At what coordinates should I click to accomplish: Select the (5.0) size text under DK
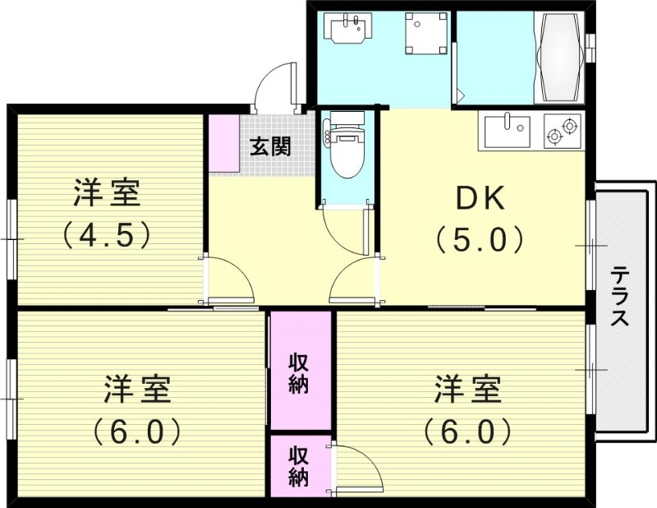[480, 239]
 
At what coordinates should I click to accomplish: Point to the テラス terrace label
[619, 296]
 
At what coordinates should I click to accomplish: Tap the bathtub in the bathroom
[560, 57]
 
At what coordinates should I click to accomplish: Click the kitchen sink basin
[507, 132]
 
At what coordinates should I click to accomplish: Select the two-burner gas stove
[563, 130]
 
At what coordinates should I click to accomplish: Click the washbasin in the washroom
[348, 28]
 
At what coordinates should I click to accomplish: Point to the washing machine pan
[425, 33]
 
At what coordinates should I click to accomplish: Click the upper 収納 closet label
[298, 373]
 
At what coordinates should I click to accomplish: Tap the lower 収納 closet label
[298, 465]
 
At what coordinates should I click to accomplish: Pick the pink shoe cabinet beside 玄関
[224, 143]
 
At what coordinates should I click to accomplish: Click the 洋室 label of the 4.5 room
[107, 192]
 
